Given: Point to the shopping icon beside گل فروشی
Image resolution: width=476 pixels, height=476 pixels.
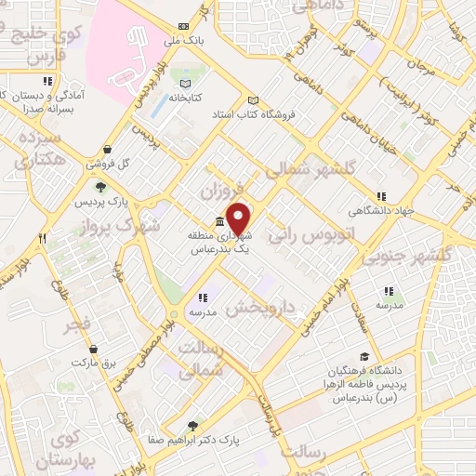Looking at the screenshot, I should [x=108, y=149].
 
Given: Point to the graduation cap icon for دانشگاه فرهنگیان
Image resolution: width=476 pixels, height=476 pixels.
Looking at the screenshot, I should [x=364, y=356].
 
